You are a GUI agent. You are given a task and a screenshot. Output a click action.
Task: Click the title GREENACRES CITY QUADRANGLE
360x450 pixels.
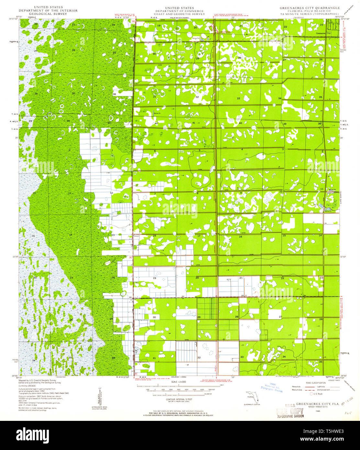(310, 8)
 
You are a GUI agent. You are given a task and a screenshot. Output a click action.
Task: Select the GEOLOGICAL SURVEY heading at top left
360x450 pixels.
(48, 14)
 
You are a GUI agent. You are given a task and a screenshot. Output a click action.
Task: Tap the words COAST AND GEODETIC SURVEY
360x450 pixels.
(184, 14)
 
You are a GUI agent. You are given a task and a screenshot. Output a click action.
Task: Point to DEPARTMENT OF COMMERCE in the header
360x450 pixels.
(184, 11)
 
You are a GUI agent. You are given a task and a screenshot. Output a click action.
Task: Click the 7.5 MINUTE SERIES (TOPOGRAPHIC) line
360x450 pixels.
(310, 14)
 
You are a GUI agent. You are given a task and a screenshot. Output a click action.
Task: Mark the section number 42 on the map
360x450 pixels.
(156, 123)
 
